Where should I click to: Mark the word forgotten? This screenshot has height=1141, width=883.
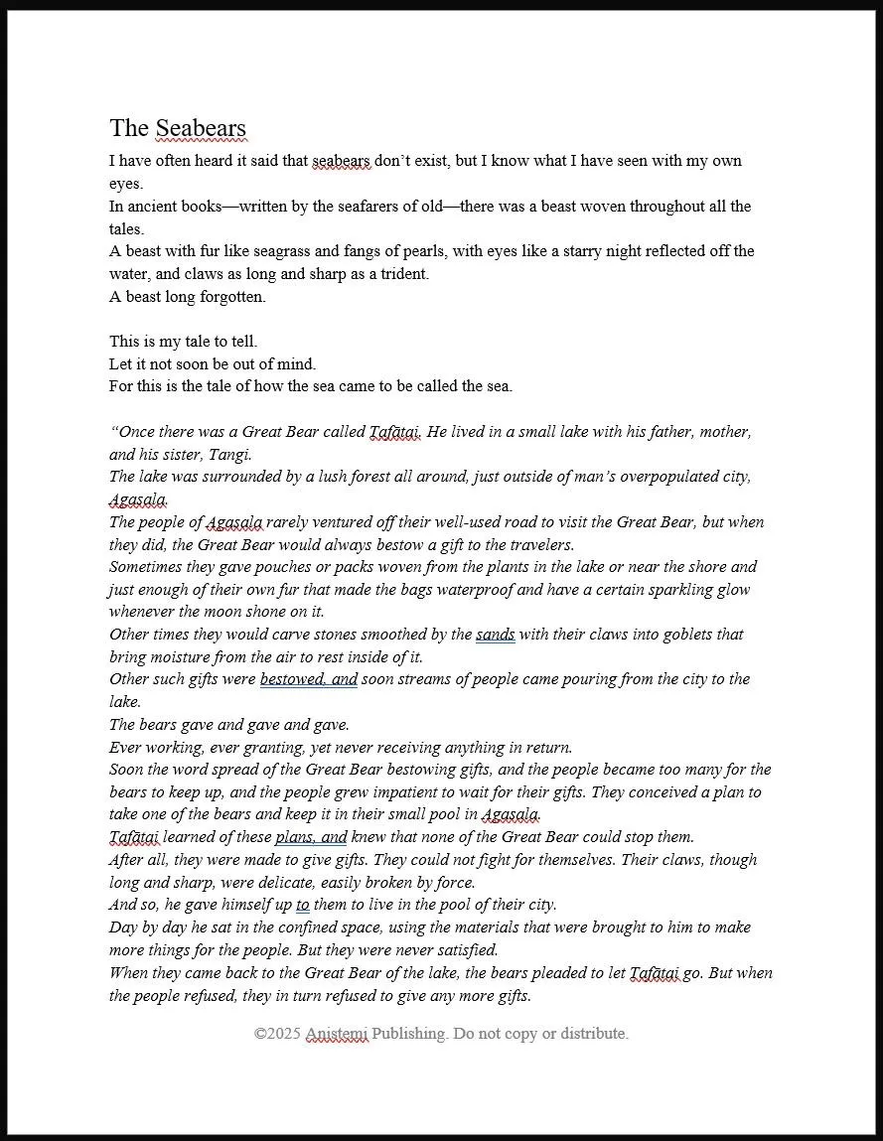231,297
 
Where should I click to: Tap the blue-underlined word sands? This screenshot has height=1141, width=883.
495,635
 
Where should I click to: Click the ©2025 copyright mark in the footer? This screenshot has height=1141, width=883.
277,1034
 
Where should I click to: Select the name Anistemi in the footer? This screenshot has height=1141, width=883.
337,1034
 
